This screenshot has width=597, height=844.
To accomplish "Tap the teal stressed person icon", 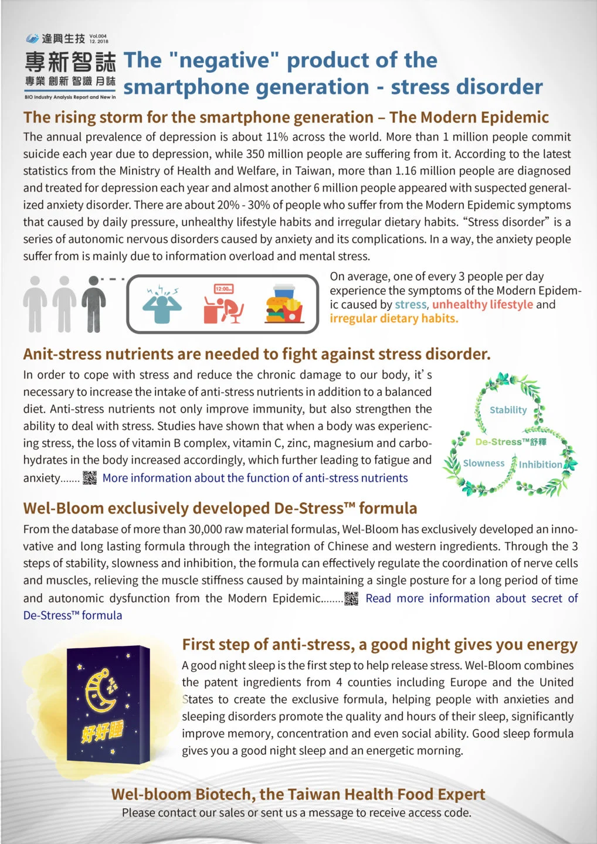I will coord(164,304).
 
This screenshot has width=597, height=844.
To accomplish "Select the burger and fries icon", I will coord(284,304).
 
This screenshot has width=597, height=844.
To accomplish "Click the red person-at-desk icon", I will coord(223,304).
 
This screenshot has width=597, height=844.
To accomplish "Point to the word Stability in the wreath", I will coord(508,410).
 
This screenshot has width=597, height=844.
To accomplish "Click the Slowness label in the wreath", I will coord(483,463).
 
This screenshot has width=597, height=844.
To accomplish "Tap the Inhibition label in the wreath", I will coord(540,465).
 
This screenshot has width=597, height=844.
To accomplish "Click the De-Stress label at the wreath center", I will coord(510,442).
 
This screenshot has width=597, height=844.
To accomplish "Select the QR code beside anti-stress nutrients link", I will coord(90,478).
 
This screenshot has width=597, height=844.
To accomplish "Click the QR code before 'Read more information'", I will coord(351,598).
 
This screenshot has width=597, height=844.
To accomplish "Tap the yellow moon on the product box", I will coord(100,692).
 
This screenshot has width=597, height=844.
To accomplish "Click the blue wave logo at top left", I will coord(32,39).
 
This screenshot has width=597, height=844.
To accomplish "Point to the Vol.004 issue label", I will coord(99,39).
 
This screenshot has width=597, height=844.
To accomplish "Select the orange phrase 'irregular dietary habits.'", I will coord(394,319).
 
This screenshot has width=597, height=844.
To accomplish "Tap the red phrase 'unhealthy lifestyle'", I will coord(482,305).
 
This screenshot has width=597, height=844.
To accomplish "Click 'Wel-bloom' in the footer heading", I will coord(151,794).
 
